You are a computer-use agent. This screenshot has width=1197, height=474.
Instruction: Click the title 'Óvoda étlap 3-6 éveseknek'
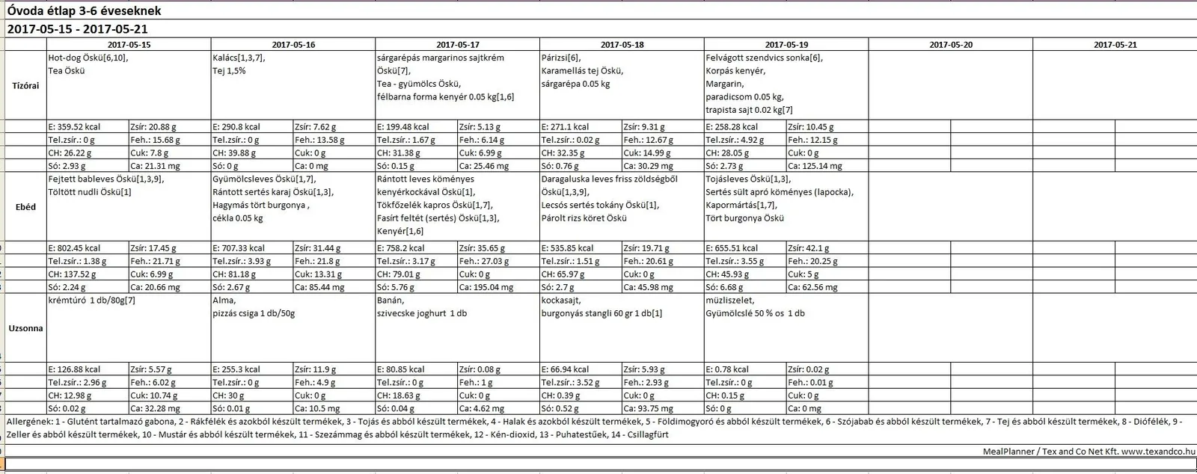[84, 11]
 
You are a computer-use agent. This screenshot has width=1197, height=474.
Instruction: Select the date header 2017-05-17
[458, 45]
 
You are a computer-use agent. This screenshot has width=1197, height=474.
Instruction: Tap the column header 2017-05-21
[1115, 45]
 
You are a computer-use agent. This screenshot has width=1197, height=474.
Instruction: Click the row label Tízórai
[25, 85]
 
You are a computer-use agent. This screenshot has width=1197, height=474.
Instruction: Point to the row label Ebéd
[25, 207]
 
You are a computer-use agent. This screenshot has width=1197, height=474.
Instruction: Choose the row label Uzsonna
[25, 328]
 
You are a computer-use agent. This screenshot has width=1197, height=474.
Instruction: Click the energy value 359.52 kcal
[74, 127]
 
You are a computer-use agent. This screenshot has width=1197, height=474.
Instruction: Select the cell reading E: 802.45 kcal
[74, 248]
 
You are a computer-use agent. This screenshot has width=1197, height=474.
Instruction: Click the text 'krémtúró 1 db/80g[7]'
[91, 301]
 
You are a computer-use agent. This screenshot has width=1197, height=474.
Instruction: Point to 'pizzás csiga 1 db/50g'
[254, 314]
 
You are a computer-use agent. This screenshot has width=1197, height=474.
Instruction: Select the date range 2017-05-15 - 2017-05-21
[77, 29]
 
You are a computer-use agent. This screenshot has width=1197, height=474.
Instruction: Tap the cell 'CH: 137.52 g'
[76, 274]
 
